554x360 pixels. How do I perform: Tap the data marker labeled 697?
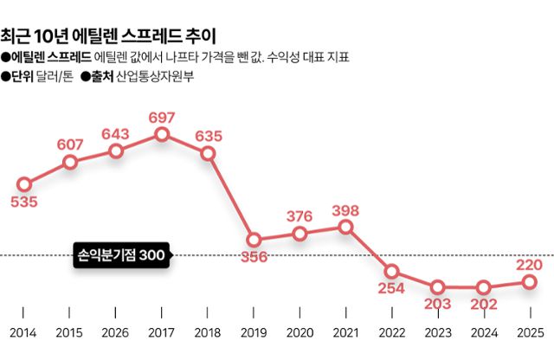[x=162, y=135]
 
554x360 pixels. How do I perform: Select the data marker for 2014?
[x=24, y=184]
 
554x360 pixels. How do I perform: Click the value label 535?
[x=24, y=202]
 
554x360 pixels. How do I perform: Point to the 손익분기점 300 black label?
[x=121, y=255]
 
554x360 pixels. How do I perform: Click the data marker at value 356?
[x=254, y=240]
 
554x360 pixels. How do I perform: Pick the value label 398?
[x=345, y=210]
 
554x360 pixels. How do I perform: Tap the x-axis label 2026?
[x=116, y=333]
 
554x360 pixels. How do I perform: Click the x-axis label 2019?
[x=254, y=333]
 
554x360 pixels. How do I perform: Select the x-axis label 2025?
[x=529, y=333]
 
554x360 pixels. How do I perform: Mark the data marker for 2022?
[x=391, y=271]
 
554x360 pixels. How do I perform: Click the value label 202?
[x=483, y=305]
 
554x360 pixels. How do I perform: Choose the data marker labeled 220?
[x=529, y=281]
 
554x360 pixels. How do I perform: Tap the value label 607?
[x=70, y=145]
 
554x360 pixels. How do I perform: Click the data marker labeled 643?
[x=116, y=151]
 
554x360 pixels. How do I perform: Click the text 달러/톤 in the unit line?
[x=54, y=76]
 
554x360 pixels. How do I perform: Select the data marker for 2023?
[x=437, y=286]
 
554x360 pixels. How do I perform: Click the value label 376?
[x=300, y=216]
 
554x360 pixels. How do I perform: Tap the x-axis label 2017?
[x=162, y=333]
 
